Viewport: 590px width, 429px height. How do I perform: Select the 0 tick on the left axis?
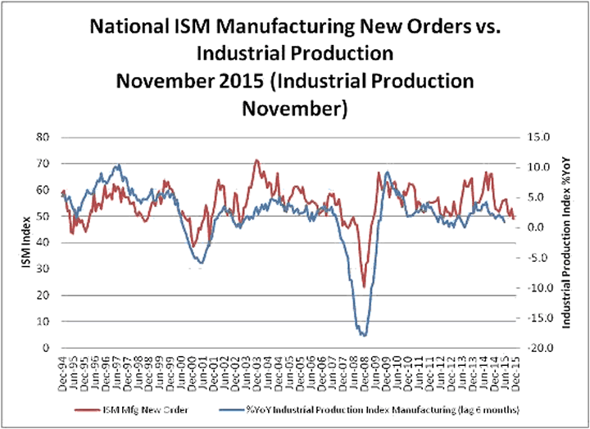point(52,348)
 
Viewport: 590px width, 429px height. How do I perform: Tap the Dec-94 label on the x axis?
point(63,367)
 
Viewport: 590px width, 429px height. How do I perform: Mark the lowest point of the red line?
point(363,287)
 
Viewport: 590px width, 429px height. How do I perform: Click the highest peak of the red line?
point(256,160)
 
